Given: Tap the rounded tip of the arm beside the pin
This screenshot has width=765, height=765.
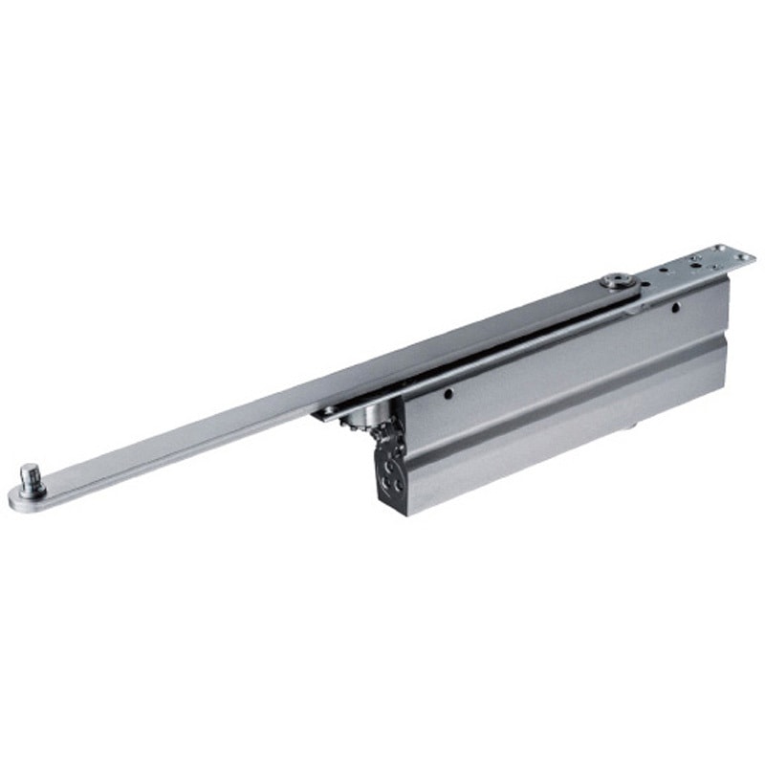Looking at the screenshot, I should (x=16, y=498).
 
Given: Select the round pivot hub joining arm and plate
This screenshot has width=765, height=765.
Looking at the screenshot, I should (x=612, y=282).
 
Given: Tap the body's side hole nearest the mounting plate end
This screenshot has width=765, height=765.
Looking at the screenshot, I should (x=674, y=308).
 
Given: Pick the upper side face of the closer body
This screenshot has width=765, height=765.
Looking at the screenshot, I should (x=564, y=354).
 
